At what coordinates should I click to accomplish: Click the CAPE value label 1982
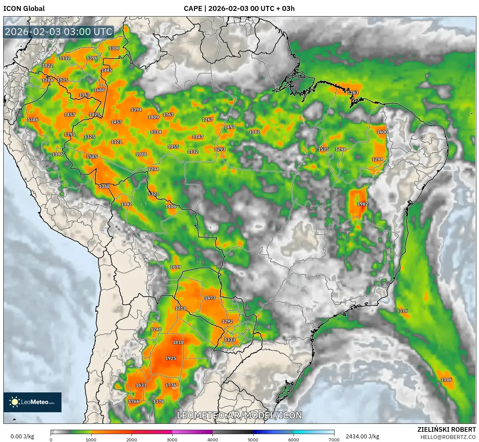(363, 204)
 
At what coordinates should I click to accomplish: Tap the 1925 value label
(171, 358)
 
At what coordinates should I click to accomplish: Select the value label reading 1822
(48, 65)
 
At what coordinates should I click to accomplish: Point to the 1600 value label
(382, 132)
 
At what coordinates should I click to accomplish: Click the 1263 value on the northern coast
(353, 93)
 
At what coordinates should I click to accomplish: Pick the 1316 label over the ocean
(402, 311)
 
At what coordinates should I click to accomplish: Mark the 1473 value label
(210, 298)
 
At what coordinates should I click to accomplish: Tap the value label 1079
(176, 267)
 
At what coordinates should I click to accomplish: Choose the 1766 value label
(134, 401)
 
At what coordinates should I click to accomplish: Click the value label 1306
(114, 48)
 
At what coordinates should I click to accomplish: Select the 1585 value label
(92, 157)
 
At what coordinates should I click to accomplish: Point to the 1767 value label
(168, 115)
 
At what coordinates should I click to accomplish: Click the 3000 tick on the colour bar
(172, 440)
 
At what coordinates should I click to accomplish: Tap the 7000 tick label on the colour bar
(334, 440)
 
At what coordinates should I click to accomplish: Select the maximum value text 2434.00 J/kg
(362, 436)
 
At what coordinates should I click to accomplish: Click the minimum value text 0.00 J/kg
(22, 436)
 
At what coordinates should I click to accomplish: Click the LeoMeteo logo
(32, 402)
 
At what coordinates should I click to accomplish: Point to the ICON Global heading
(24, 9)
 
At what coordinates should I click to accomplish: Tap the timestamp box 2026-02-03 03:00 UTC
(59, 32)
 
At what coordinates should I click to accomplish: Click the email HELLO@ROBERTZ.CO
(448, 437)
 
